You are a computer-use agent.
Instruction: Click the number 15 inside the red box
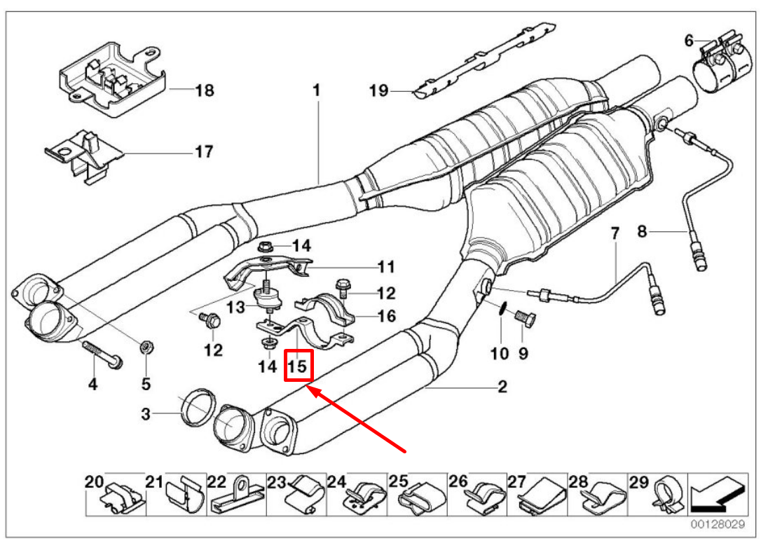(297, 366)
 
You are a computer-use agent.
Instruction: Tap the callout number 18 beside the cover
(204, 90)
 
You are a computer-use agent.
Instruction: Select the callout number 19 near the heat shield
(378, 90)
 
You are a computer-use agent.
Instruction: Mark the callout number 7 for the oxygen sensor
(615, 233)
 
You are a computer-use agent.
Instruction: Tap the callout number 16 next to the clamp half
(386, 316)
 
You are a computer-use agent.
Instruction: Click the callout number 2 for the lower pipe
(502, 387)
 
